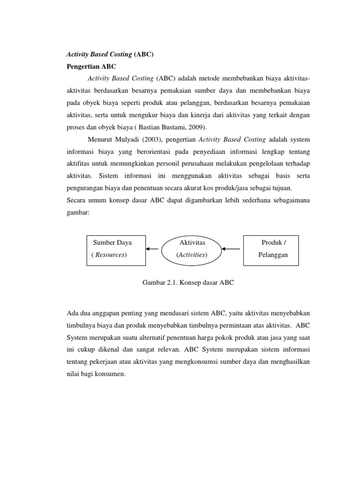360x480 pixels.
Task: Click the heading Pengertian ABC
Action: (89, 67)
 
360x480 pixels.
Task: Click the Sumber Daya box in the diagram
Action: (115, 249)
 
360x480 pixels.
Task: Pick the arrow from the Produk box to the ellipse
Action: (232, 249)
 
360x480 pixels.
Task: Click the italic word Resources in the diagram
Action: (111, 255)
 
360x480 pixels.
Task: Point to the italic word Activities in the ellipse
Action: (192, 255)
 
